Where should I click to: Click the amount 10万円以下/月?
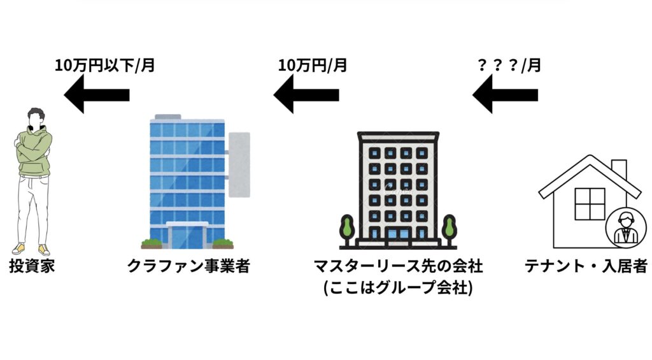tap(104, 65)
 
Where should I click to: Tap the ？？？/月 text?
tap(509, 65)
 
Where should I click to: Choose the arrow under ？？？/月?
tap(504, 96)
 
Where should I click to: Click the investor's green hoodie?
tap(35, 153)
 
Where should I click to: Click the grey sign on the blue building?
tap(239, 164)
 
